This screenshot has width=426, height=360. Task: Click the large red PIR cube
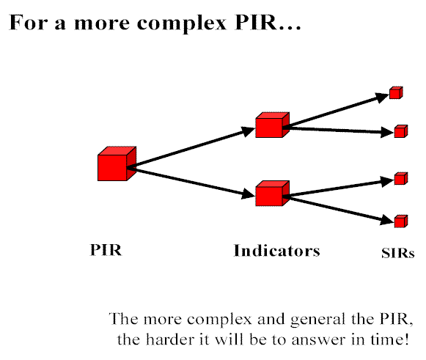point(117,164)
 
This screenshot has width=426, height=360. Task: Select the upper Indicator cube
point(272,125)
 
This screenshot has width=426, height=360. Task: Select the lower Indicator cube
point(272,193)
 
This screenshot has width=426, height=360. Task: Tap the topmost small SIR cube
point(396,92)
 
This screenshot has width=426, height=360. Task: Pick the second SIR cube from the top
point(401,131)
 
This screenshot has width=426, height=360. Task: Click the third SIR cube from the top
point(401,178)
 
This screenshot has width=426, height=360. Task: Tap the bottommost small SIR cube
point(401,221)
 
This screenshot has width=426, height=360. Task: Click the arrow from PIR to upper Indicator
point(191,147)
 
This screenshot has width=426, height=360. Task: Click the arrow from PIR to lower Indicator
point(191,182)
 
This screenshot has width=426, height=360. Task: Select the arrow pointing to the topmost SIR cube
point(336,111)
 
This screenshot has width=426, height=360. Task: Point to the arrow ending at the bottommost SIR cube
point(339,209)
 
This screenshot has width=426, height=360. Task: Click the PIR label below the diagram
point(106,250)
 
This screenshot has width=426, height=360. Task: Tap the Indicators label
point(277,251)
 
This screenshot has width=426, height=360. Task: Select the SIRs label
point(398,253)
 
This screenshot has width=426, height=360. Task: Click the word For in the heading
point(29,22)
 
